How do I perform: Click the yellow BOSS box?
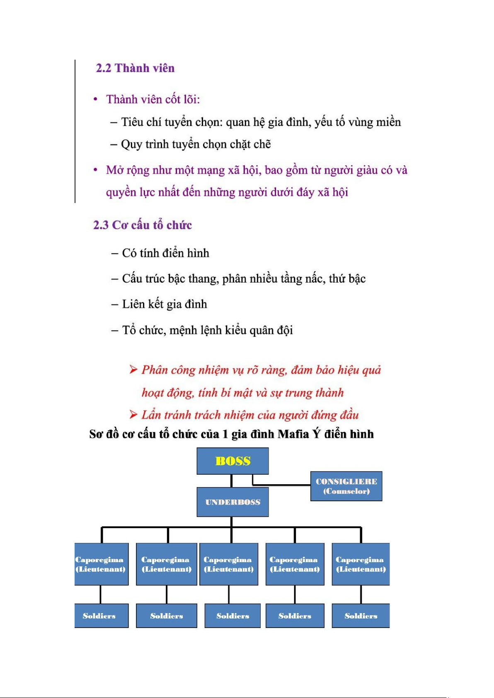click(x=232, y=461)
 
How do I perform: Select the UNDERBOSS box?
click(x=232, y=502)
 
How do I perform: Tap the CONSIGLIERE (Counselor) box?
click(x=346, y=486)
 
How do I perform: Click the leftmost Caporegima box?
click(x=102, y=564)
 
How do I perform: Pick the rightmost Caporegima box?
click(x=361, y=564)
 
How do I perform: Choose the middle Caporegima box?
click(x=229, y=564)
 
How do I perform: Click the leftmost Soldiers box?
click(x=102, y=616)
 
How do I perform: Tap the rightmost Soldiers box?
click(x=361, y=616)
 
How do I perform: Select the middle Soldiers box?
click(x=232, y=616)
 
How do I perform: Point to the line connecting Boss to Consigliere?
click(x=282, y=484)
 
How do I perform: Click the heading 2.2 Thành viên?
click(x=135, y=68)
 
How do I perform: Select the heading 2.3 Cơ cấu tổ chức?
click(x=143, y=225)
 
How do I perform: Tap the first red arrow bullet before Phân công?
click(x=133, y=369)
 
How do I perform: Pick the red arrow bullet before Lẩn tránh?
click(x=133, y=414)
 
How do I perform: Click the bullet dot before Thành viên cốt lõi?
click(x=96, y=99)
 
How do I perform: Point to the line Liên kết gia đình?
click(x=165, y=304)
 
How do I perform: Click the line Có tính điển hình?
click(x=165, y=253)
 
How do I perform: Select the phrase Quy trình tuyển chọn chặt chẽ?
click(x=196, y=144)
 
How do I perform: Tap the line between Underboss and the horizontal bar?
click(x=232, y=522)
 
